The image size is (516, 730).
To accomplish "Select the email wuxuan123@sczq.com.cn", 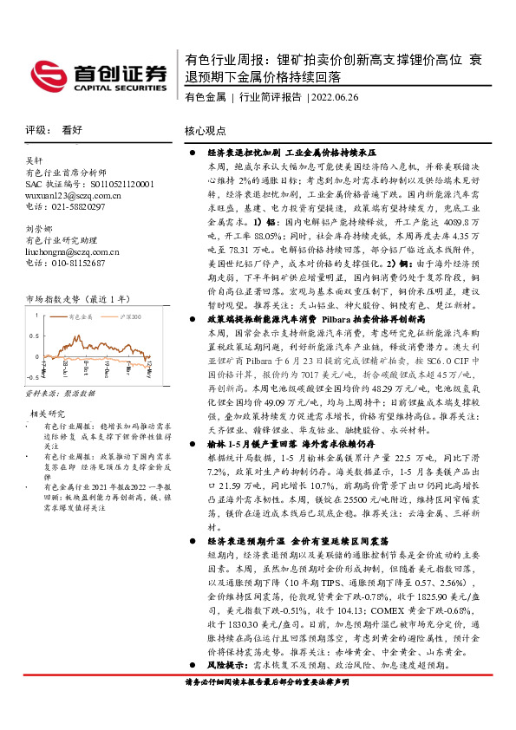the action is (x=74, y=196).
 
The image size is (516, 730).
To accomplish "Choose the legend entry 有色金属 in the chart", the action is (x=81, y=318).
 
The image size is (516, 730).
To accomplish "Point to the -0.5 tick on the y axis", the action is (x=32, y=378).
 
